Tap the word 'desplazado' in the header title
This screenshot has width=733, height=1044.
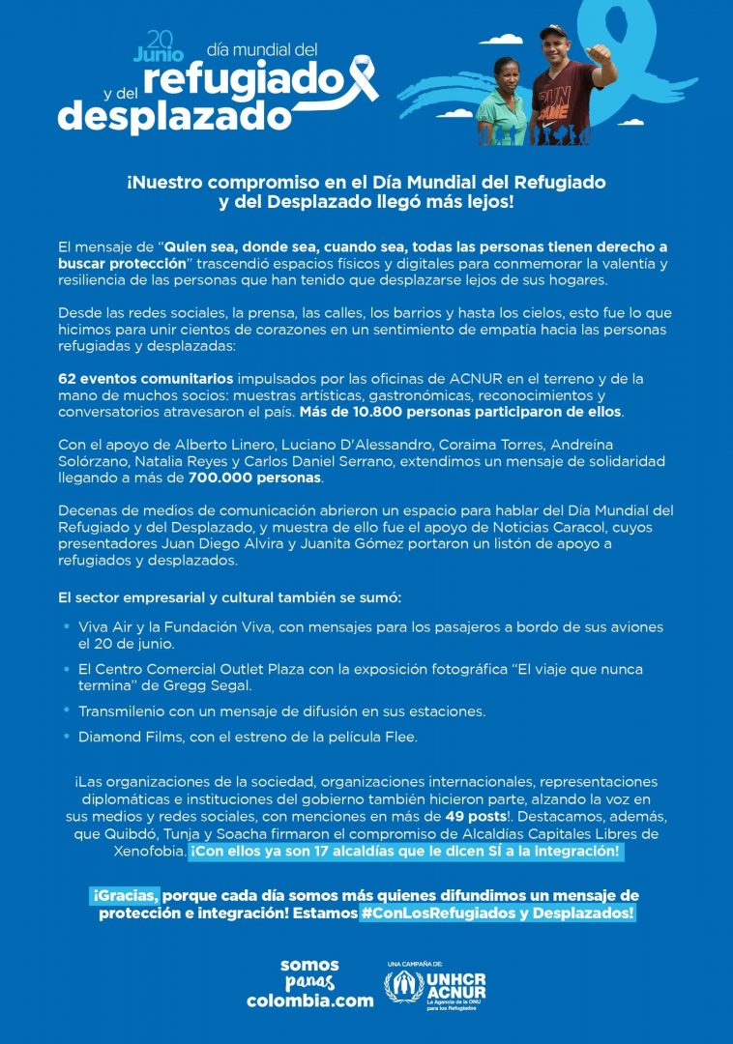click(174, 117)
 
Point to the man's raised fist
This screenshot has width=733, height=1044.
click(601, 52)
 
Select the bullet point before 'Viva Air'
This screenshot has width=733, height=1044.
click(66, 627)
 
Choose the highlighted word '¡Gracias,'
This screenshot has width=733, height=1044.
click(126, 896)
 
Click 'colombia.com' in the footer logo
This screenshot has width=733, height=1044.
click(309, 1001)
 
